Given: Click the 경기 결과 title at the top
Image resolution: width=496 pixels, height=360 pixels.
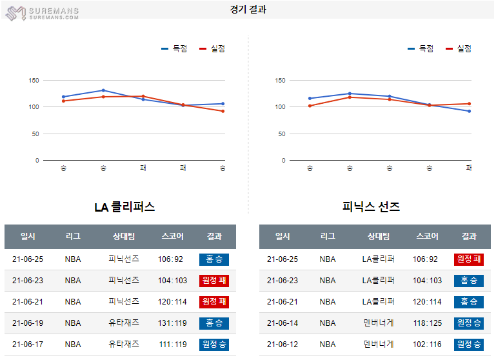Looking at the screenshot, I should [248, 10].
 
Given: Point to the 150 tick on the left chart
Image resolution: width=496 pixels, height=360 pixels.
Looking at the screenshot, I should [34, 81].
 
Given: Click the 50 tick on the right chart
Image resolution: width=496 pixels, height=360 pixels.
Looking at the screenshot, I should [281, 134].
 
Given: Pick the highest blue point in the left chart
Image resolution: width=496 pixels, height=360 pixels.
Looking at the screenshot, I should [103, 90].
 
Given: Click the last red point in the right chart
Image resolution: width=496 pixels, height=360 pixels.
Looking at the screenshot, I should [469, 103].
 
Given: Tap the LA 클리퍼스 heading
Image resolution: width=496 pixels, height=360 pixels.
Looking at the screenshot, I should [124, 207].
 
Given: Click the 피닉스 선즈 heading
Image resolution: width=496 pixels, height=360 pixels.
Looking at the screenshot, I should [371, 207].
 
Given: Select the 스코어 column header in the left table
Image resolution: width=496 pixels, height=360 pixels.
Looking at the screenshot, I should [172, 237].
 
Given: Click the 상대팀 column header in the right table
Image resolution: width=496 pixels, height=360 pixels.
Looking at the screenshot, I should [378, 237].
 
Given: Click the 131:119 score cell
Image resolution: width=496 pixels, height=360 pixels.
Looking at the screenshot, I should [172, 323].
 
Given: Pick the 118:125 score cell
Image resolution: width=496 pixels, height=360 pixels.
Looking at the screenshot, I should [428, 323].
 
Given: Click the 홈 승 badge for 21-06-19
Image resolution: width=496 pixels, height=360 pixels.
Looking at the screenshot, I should [214, 323].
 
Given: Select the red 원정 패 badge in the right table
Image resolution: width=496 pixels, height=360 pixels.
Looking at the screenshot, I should [469, 259].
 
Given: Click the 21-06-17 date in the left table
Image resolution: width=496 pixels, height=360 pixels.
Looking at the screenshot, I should [28, 344].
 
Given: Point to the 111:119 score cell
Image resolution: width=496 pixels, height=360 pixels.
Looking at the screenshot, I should [172, 344].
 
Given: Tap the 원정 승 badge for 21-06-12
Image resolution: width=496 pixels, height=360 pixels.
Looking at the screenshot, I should [469, 344].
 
